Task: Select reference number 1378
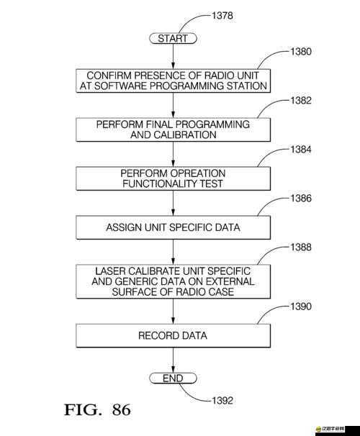click(222, 16)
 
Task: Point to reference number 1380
click(301, 52)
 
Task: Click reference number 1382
click(301, 101)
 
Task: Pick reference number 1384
click(301, 150)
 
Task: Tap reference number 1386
click(301, 199)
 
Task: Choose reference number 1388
click(301, 247)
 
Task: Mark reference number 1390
click(301, 306)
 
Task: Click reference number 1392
click(222, 401)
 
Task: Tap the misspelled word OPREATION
click(198, 173)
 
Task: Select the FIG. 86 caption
click(97, 410)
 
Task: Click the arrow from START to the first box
click(173, 56)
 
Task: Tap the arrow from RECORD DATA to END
click(173, 360)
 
